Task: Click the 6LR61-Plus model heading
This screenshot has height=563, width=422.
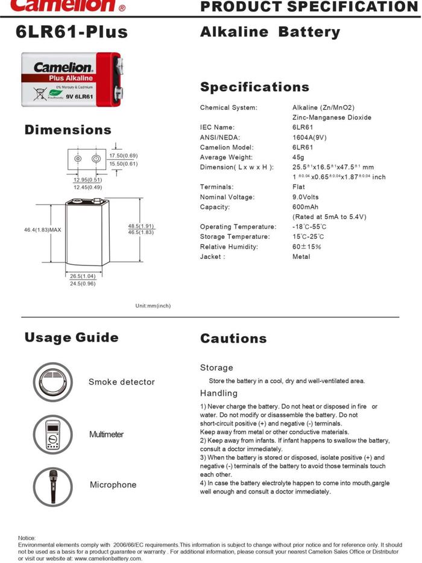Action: pos(72,33)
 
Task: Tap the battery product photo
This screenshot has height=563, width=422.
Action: pos(72,79)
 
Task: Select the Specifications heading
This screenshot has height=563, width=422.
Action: pos(254,87)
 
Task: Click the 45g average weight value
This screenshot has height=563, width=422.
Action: pos(298,157)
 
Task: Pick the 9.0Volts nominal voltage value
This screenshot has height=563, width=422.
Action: pos(306,197)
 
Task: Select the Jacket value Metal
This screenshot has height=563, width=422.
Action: pos(301,256)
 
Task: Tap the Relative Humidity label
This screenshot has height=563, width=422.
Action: pos(229,247)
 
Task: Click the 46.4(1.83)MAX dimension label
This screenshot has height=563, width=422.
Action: pos(43,230)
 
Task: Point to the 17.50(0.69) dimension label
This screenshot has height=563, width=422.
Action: pos(124,156)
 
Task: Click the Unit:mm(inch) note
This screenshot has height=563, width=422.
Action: pos(153,305)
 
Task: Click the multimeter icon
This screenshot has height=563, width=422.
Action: pos(52,434)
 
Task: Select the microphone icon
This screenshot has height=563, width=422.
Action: pos(52,486)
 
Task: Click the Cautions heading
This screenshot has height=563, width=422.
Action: pos(233,339)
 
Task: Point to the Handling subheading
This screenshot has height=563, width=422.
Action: pos(219,393)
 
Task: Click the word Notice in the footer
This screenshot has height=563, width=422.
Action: pos(27,538)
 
